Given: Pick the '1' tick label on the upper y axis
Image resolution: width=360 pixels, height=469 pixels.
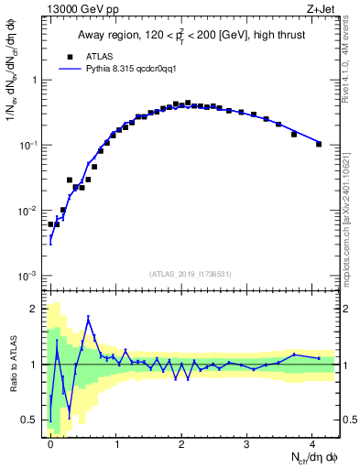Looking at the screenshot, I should coord(35,80).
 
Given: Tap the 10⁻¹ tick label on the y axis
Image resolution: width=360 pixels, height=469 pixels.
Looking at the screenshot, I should coord(30,145).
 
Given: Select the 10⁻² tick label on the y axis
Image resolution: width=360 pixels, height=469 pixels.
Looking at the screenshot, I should coord(30,211).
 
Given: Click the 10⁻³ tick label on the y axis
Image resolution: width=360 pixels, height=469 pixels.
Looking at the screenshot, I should coord(30,276).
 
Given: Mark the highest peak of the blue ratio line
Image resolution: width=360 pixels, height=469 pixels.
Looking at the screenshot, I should coord(88,318).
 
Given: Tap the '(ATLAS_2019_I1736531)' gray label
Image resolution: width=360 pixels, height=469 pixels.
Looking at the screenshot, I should coord(191,273).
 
